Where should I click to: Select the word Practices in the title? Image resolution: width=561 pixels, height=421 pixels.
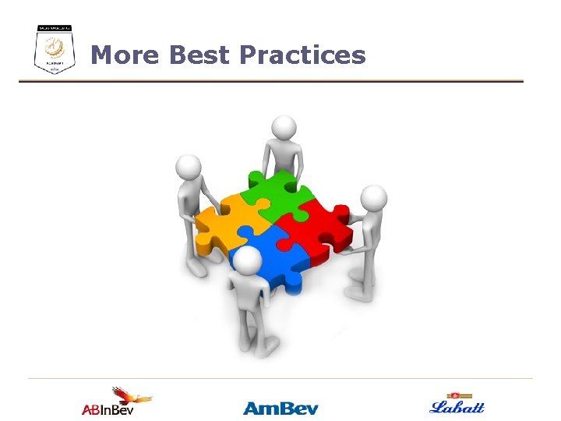tap(302, 55)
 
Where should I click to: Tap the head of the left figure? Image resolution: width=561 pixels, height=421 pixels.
tap(189, 165)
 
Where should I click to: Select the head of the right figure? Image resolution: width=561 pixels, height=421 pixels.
tap(373, 198)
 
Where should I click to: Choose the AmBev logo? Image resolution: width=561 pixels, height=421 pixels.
tap(280, 407)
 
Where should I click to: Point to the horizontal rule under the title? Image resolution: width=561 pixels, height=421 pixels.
tap(271, 81)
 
